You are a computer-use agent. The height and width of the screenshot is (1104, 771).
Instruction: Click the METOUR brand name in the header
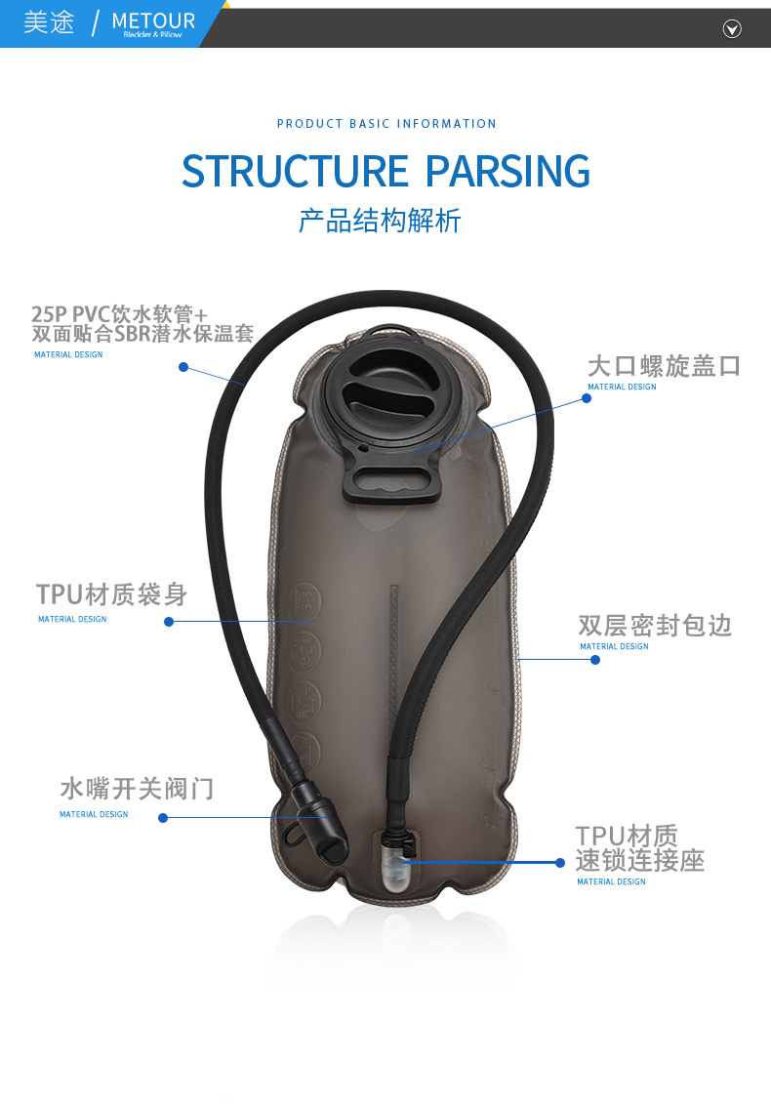point(153,20)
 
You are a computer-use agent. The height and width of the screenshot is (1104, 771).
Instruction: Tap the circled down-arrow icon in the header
point(732,29)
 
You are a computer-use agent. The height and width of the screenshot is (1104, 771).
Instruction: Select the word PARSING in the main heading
point(507,171)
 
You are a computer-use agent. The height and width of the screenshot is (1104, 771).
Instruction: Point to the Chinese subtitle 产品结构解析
point(379,221)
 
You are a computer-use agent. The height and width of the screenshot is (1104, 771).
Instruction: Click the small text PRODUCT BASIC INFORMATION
point(386,124)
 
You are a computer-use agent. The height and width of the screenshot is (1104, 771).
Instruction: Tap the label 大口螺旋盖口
point(664,366)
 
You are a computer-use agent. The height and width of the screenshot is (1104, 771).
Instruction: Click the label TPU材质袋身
point(111,593)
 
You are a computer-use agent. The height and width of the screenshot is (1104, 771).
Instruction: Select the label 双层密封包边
point(654,625)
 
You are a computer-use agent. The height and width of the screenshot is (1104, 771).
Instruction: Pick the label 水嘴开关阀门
point(137,788)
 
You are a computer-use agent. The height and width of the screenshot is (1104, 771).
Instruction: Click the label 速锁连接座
point(639,861)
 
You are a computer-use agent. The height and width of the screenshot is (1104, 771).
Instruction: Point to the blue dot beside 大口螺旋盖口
point(587,398)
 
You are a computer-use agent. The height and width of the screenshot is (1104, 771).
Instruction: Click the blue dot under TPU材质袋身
point(169,622)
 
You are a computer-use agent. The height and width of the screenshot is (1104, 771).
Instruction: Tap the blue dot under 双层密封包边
point(595,660)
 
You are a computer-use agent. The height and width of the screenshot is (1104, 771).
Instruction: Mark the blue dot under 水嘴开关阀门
point(163,818)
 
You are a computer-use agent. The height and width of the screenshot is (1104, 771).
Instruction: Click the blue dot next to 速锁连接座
point(560,862)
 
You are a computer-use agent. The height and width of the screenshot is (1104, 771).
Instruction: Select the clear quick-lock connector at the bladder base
point(392,864)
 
